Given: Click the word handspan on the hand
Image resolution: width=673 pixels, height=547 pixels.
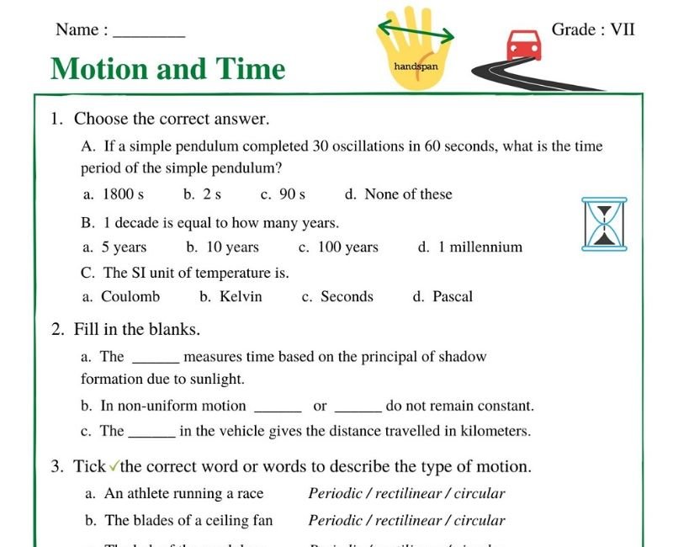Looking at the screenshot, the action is tap(416, 65).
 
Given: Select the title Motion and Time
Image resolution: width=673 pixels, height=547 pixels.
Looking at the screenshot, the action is tap(168, 68).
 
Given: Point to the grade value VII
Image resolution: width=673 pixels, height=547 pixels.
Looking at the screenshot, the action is tap(623, 29).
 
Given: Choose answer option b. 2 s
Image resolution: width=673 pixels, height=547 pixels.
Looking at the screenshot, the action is tap(203, 194).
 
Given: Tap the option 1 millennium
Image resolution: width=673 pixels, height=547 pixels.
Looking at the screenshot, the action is tap(480, 247).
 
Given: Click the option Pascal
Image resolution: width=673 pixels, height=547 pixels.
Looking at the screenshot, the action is tap(453, 296).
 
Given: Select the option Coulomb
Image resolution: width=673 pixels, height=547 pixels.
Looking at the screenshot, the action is tap(130, 296).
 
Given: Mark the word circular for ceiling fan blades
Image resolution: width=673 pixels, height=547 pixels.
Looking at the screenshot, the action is tap(478, 521).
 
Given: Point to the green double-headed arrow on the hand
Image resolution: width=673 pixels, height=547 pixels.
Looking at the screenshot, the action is tap(416, 32).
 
